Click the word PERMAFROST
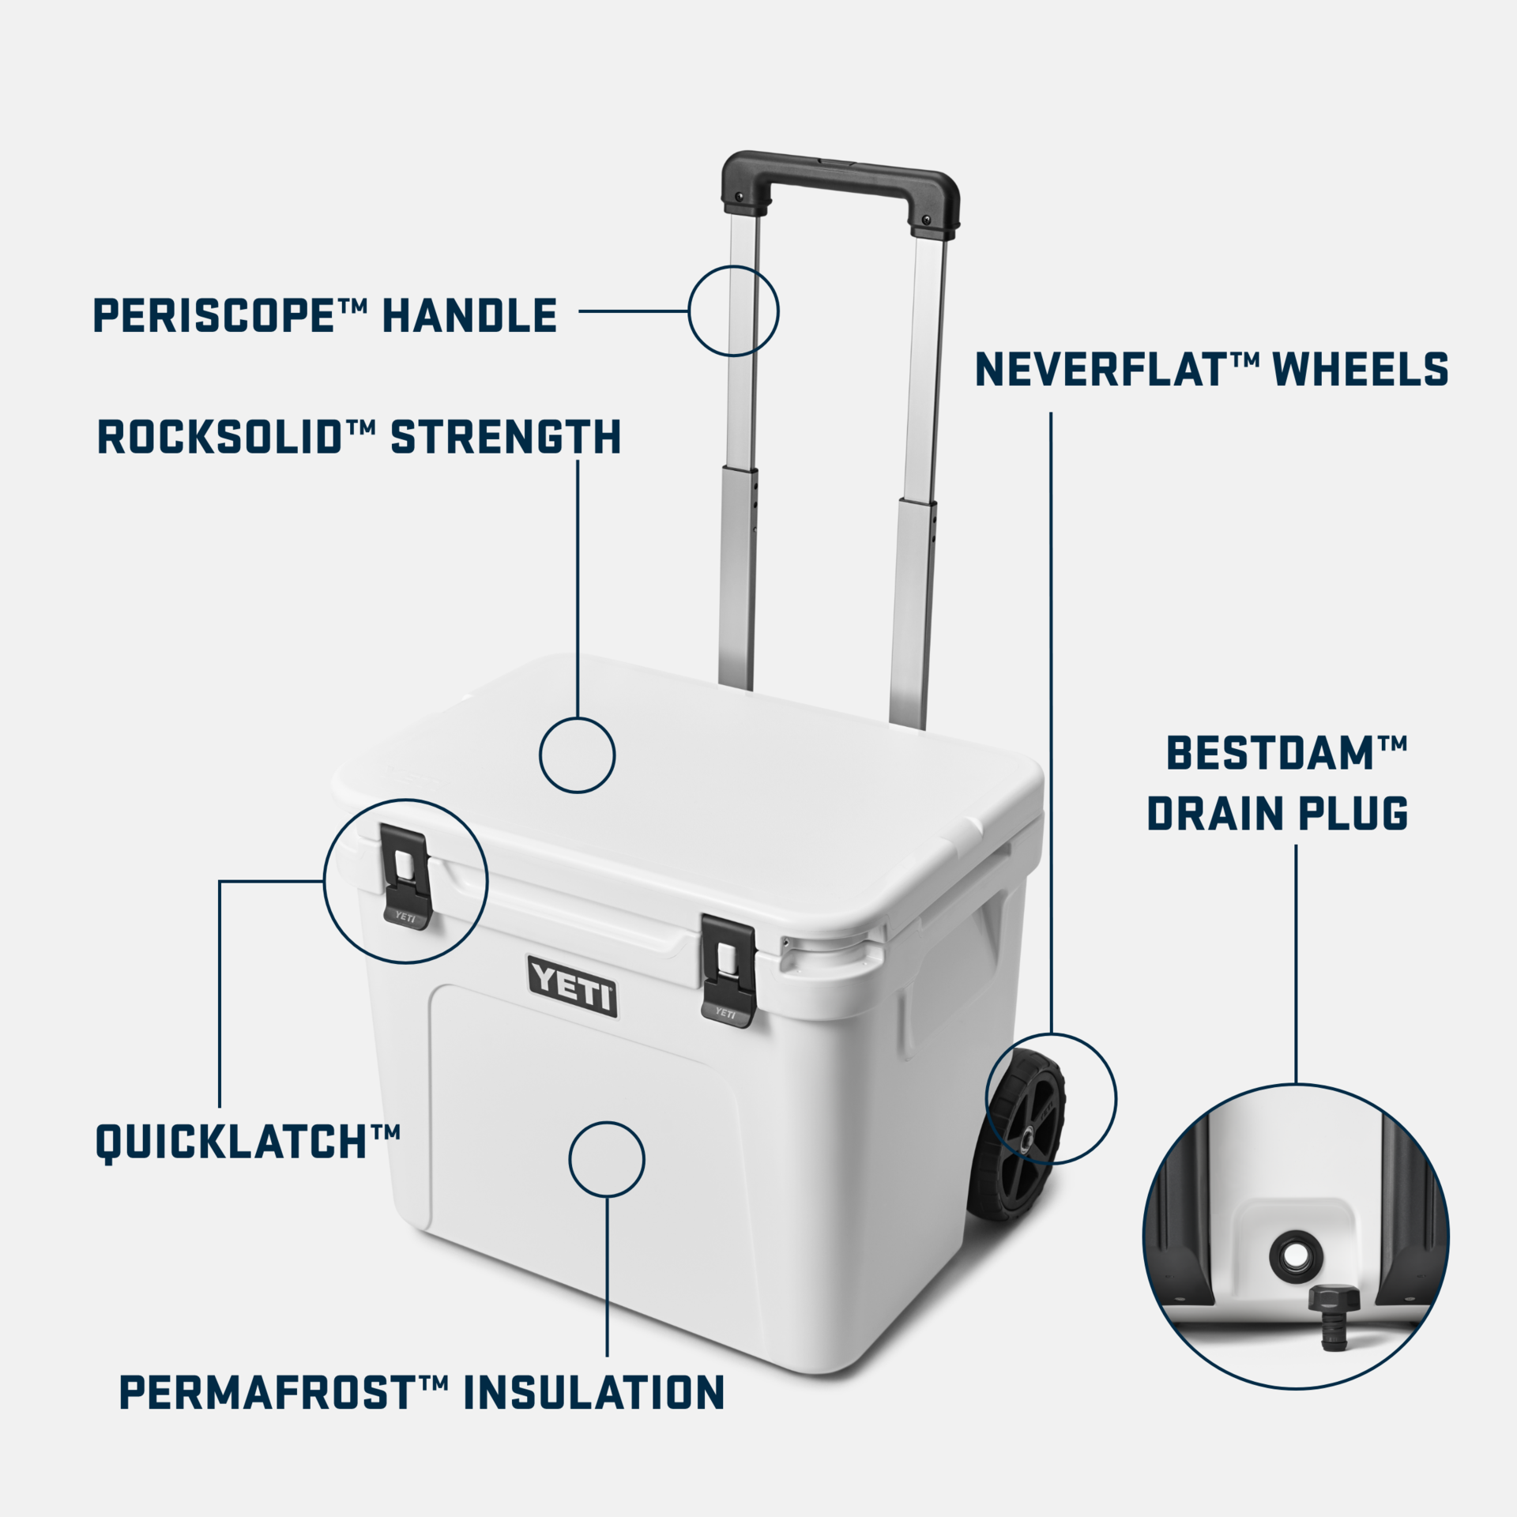(266, 1393)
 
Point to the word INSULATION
(593, 1393)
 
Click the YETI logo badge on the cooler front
(572, 986)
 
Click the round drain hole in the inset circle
(1293, 1254)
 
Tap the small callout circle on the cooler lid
(577, 755)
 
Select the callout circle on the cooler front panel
(607, 1159)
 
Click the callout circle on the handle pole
(733, 311)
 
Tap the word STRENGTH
(506, 438)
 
